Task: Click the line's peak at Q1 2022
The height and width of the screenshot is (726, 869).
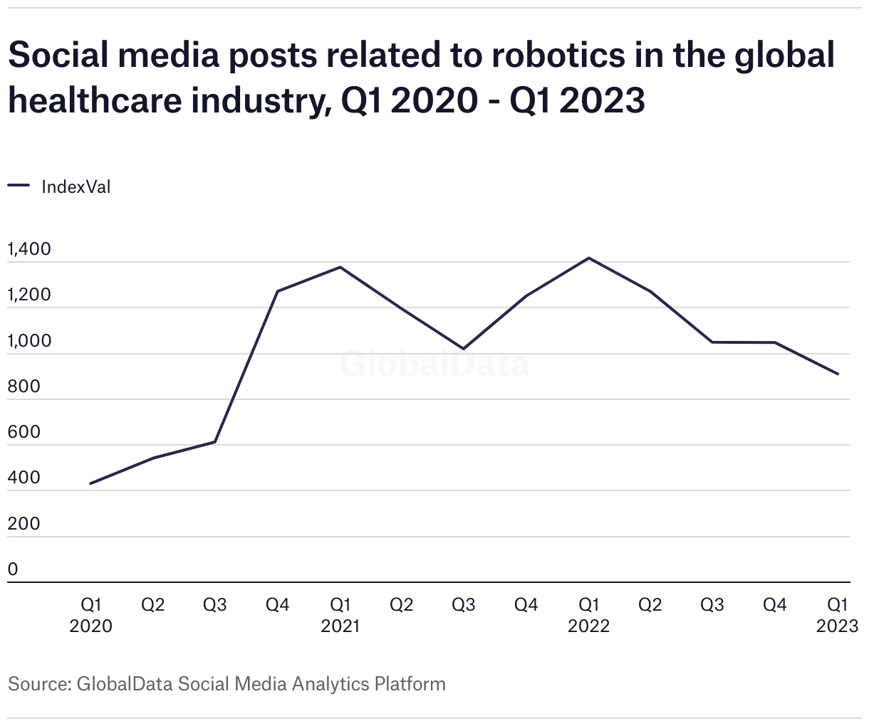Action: click(588, 258)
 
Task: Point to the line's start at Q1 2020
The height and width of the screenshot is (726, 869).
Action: click(90, 484)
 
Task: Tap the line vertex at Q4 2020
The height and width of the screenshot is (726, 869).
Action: click(277, 291)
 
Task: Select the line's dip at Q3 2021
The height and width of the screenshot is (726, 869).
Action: click(464, 349)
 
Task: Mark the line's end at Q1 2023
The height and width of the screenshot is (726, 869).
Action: click(838, 374)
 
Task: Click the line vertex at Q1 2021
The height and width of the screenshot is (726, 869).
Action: click(340, 267)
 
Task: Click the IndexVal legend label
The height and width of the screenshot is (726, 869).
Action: click(76, 187)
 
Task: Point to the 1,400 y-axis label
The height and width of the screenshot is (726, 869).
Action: click(29, 249)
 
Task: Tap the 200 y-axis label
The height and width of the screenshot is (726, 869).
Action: click(24, 524)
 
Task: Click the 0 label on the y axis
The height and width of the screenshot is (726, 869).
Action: click(13, 569)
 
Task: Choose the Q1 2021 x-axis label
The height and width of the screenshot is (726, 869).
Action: click(340, 615)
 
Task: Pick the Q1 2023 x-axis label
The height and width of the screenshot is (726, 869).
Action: click(837, 615)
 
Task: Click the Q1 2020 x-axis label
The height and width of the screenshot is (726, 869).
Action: click(90, 615)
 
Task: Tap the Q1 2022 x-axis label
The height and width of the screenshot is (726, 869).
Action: click(588, 615)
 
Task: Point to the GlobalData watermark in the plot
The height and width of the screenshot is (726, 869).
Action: click(434, 364)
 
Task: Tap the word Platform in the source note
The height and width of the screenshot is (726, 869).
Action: click(410, 684)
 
